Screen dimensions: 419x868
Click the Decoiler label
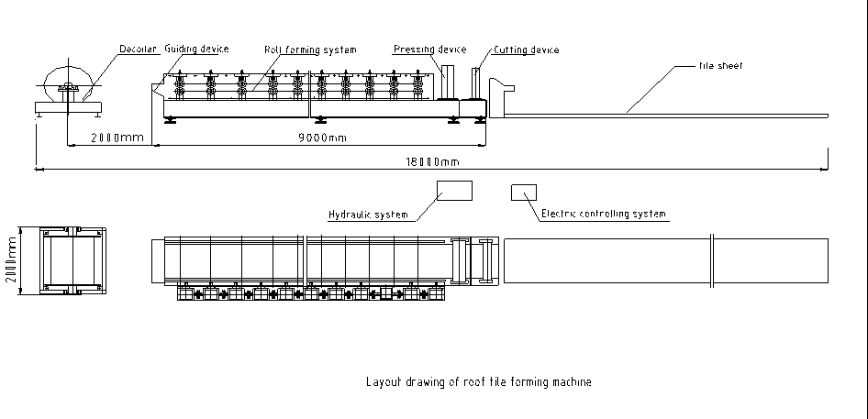click(139, 49)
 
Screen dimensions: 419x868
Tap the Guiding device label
click(196, 49)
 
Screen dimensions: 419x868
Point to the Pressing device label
click(429, 50)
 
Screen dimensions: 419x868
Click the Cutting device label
click(526, 50)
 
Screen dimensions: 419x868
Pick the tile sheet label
click(721, 66)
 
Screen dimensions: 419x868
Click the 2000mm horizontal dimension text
click(117, 138)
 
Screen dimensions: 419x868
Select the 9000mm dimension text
click(323, 138)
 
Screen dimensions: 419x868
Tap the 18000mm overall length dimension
click(432, 161)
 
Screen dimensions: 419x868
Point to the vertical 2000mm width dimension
click(11, 260)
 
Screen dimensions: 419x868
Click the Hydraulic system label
click(368, 215)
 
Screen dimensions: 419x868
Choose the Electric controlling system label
click(604, 214)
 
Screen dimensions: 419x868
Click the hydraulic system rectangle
click(454, 191)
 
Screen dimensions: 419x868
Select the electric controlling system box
click(524, 192)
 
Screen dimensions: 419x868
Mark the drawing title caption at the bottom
click(479, 381)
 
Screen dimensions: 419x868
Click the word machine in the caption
click(572, 381)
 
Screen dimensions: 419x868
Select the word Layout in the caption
click(382, 381)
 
